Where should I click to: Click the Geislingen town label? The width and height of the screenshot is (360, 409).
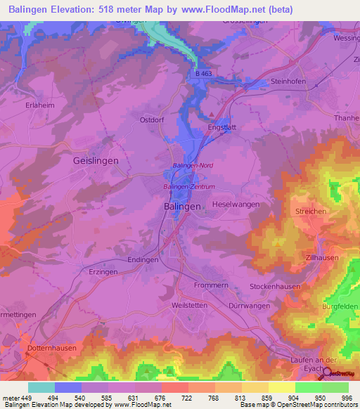[96, 160]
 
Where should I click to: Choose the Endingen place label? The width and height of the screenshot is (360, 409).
[143, 259]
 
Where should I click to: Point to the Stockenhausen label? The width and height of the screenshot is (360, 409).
[275, 287]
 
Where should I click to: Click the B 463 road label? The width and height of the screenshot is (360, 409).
[203, 74]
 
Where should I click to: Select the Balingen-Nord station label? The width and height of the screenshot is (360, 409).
[193, 165]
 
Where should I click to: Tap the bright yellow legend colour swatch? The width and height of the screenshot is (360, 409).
[281, 387]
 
